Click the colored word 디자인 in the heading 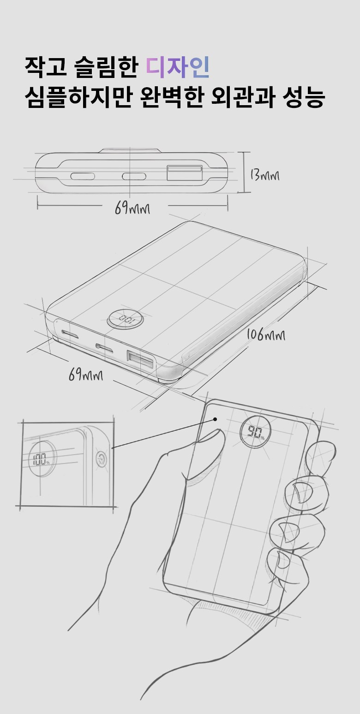[178, 67]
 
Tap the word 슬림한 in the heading [106, 67]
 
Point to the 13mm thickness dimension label [264, 175]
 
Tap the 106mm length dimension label [266, 335]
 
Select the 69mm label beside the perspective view [86, 375]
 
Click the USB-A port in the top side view [185, 173]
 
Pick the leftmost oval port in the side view [83, 176]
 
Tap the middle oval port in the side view [134, 176]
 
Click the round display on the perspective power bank [126, 319]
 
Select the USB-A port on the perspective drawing [140, 360]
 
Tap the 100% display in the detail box [41, 459]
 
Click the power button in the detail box [102, 459]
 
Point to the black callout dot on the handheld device [215, 419]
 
